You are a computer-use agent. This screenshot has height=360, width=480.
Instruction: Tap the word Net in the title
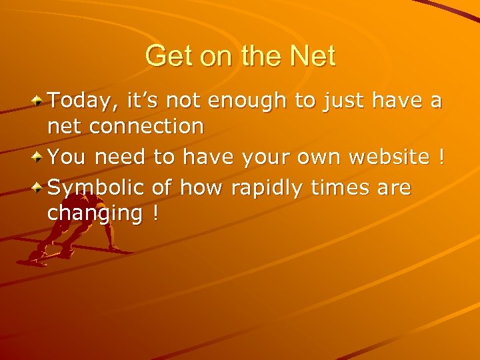[313, 56]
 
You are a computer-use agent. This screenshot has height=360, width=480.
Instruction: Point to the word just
[345, 101]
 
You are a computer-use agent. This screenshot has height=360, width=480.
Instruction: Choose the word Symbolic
[97, 189]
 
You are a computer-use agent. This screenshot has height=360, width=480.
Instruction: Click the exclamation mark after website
[440, 157]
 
